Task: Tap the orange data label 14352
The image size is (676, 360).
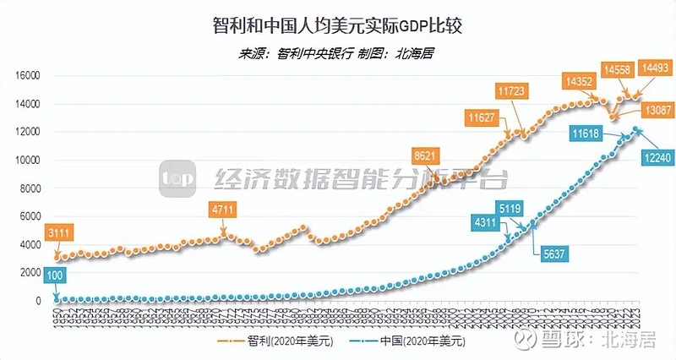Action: (x=580, y=81)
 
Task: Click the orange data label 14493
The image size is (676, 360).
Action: (x=656, y=68)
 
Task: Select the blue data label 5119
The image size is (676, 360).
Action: (x=532, y=209)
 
